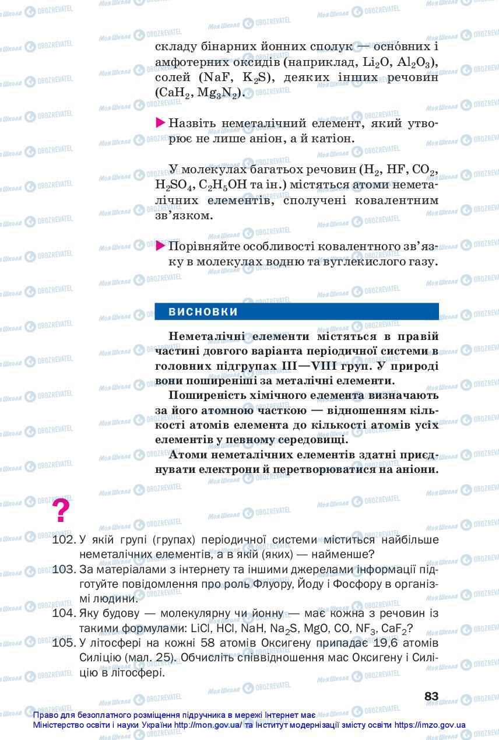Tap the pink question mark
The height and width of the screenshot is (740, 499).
[x=61, y=511]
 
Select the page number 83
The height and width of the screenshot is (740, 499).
[x=431, y=696]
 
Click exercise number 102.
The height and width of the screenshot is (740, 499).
[x=64, y=540]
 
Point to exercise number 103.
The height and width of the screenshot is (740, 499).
[x=64, y=569]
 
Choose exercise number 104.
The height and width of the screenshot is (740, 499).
[x=64, y=613]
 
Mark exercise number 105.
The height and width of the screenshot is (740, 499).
[x=64, y=643]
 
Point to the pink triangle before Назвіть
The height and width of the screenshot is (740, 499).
[x=160, y=123]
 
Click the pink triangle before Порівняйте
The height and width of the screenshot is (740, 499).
[x=160, y=246]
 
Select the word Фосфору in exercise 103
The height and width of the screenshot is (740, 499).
[x=368, y=584]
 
